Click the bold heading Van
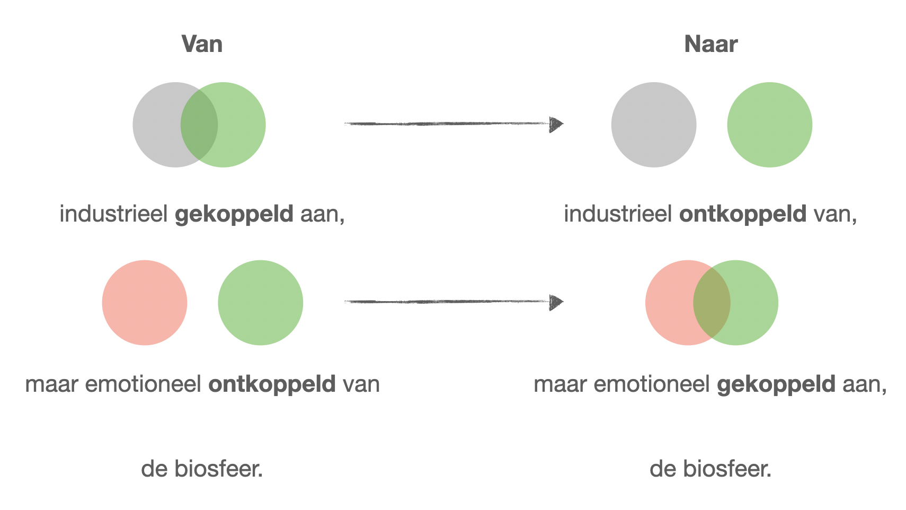coord(202,44)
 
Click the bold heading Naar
coord(710,44)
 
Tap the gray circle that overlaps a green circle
coord(158,125)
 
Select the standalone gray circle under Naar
coord(654,125)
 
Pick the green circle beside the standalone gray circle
coord(770,125)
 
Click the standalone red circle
coord(145,303)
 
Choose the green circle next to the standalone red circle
coord(261,303)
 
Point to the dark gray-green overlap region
coord(199,125)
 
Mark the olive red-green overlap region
coord(712,303)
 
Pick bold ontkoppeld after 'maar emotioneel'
coord(272,384)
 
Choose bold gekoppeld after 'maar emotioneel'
coord(776,384)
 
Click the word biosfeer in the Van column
coord(218,469)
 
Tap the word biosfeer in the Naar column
coord(727,469)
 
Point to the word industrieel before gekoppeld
coord(114,214)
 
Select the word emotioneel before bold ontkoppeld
coord(143,384)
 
